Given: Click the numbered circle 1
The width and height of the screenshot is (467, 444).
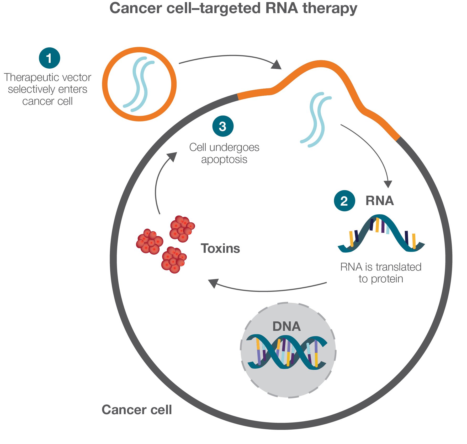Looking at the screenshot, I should click(49, 58).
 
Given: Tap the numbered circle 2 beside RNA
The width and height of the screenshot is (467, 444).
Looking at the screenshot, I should click(344, 201).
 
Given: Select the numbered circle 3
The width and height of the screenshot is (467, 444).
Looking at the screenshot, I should click(223, 126).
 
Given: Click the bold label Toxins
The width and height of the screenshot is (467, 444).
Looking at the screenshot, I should click(220, 248).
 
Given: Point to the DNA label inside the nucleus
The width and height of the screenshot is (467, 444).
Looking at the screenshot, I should click(286, 326).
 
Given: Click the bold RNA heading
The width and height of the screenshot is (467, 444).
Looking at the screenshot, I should click(379, 201).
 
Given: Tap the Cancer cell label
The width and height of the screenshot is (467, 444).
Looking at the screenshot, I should click(137, 410).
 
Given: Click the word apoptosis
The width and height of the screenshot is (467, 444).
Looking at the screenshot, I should click(224, 159).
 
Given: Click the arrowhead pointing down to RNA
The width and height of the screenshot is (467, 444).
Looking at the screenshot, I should click(388, 184).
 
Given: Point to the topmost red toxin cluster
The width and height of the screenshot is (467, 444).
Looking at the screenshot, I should click(182, 229).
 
